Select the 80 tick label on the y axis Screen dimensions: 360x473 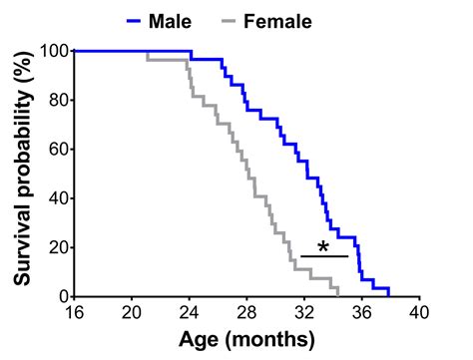[57, 100]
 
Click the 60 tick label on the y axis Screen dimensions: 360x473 [57, 149]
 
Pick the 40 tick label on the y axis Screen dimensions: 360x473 [57, 197]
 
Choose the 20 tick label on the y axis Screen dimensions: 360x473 [57, 247]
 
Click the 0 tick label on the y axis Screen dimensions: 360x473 [62, 296]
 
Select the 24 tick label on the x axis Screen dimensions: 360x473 [190, 312]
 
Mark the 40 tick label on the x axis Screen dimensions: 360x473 [420, 312]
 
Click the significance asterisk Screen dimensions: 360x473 [323, 246]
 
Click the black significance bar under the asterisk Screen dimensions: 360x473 [323, 256]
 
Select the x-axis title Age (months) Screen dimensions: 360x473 [247, 339]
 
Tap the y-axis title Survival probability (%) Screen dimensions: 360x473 [20, 174]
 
